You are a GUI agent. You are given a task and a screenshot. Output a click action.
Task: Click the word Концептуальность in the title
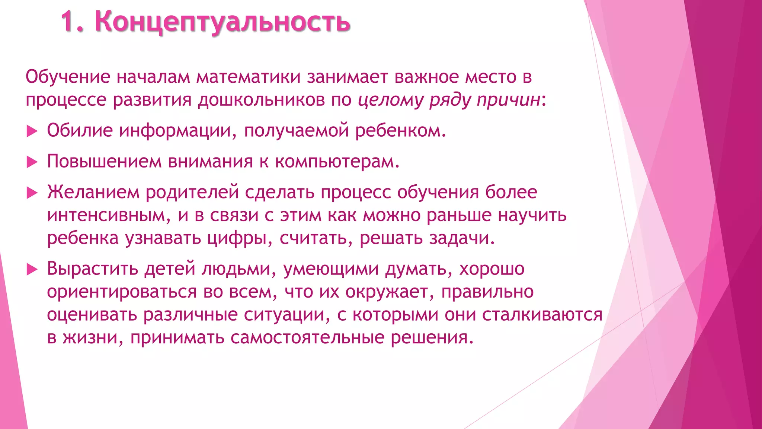(x=222, y=22)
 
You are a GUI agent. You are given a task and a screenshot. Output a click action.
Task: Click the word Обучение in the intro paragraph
(x=68, y=77)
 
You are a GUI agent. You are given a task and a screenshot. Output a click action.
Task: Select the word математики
(x=249, y=77)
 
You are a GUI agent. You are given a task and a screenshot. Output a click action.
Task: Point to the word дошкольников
(x=261, y=100)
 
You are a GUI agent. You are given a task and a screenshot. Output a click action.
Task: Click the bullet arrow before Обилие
(x=32, y=131)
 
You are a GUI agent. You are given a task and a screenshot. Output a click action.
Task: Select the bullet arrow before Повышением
(x=32, y=162)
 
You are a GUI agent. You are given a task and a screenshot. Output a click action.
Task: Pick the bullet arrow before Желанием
(x=32, y=193)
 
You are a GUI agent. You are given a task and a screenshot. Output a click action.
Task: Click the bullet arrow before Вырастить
(x=32, y=269)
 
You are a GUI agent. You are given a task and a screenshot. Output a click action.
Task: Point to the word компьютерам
(x=337, y=162)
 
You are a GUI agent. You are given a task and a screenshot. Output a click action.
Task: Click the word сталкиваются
(x=542, y=315)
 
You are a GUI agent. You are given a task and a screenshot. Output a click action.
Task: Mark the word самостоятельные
(x=307, y=338)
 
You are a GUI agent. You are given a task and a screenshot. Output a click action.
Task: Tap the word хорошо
(x=492, y=269)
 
